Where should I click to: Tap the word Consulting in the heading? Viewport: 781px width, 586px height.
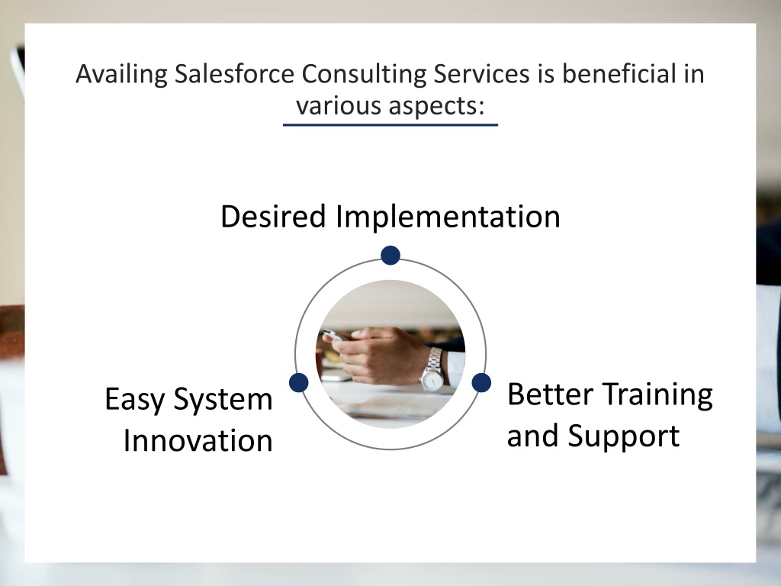point(364,75)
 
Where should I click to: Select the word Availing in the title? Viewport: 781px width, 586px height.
point(121,75)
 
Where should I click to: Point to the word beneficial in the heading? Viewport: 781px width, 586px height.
point(619,74)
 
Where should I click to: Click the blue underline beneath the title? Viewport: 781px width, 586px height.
point(390,124)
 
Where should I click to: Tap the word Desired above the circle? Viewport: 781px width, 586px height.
point(273,216)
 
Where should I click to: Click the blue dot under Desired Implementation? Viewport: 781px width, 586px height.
point(390,255)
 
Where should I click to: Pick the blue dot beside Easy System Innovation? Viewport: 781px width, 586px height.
point(298,383)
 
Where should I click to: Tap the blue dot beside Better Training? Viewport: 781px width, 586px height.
point(481,383)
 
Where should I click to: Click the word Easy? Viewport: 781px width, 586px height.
point(134,400)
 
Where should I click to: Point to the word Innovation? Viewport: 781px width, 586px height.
point(198,441)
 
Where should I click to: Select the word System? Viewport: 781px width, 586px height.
point(223,400)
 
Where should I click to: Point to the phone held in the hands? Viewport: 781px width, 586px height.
point(336,336)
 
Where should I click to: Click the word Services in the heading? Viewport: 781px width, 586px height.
point(481,74)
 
